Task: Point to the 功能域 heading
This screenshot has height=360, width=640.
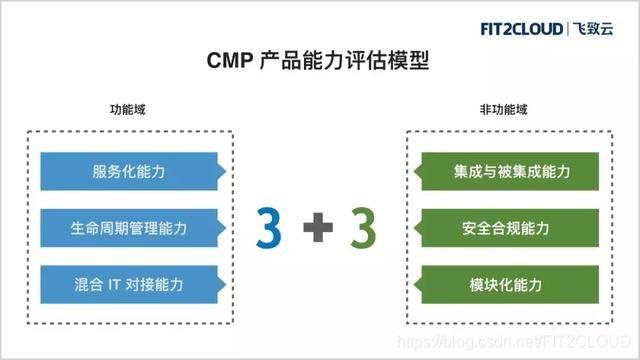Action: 131,109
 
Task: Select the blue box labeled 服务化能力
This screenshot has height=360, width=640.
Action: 129,171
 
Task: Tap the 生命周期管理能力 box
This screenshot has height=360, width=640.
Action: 129,228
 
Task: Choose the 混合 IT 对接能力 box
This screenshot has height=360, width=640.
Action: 129,285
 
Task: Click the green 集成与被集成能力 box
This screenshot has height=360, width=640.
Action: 510,171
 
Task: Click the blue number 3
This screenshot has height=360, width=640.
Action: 269,229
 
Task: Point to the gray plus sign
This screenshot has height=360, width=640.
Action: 317,230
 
